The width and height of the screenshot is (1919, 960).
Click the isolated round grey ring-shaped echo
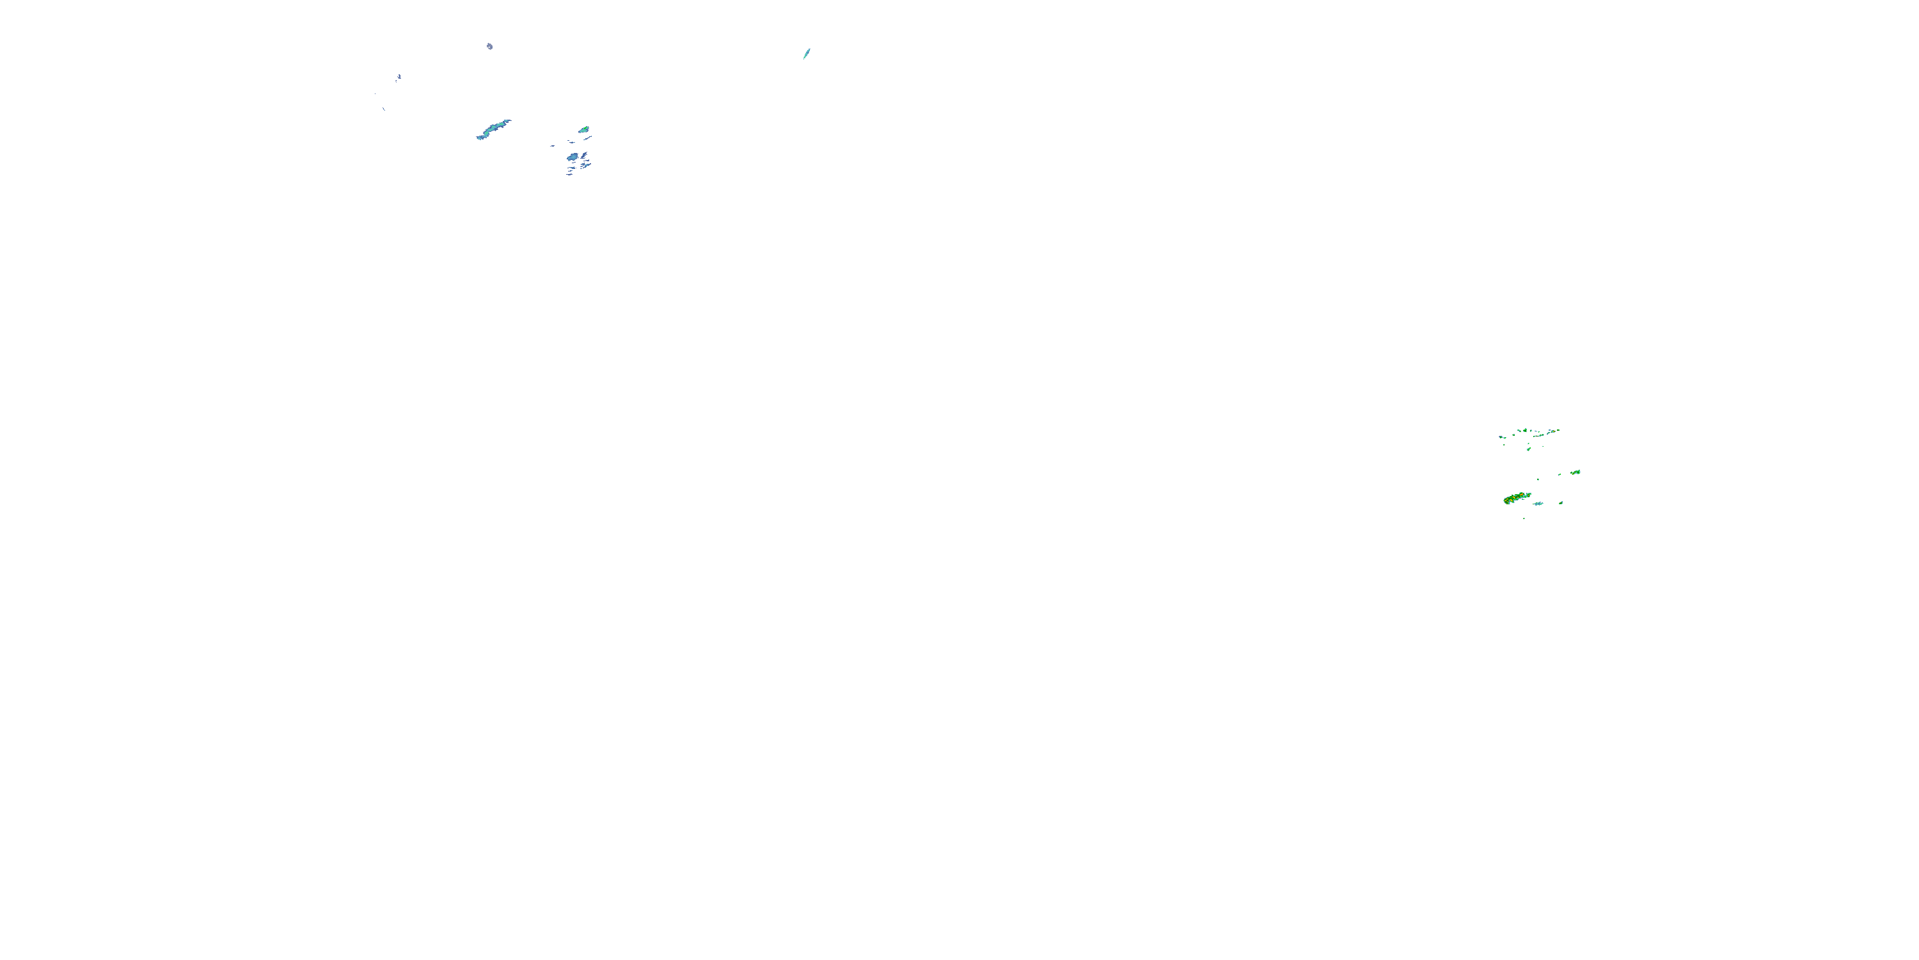point(490,47)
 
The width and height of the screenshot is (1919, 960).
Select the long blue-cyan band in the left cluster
point(493,130)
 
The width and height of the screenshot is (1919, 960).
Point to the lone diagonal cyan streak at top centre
point(806,54)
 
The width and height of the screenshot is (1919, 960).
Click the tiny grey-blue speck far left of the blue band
point(399,77)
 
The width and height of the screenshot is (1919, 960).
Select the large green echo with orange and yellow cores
point(1517,498)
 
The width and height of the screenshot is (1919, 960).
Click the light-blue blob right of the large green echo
point(1539,504)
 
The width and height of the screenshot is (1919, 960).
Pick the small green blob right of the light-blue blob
point(1561,503)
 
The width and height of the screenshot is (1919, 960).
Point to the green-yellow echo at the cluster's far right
point(1576,472)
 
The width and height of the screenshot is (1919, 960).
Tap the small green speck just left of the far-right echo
point(1560,475)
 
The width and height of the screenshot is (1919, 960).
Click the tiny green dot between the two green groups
point(1538,480)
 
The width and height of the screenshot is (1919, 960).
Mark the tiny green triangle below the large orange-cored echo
point(1524,519)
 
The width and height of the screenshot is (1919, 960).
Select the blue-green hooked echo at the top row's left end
point(1502,438)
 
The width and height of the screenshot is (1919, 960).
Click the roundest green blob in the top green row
point(1526,430)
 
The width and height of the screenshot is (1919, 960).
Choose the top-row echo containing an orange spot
point(1554,431)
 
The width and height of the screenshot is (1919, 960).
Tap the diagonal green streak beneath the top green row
point(1529,449)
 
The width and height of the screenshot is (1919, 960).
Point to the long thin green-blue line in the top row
point(1539,436)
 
